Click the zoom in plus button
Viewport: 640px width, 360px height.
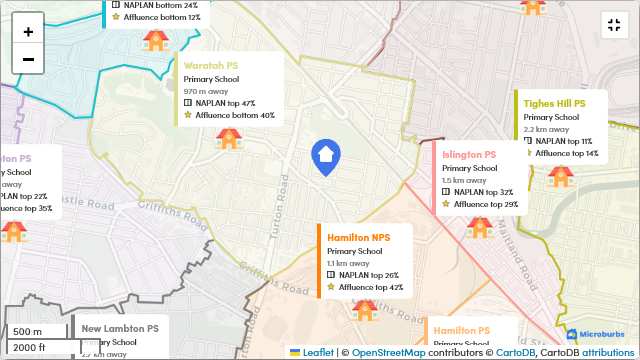pyautogui.click(x=28, y=31)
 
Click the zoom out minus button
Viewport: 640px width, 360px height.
pyautogui.click(x=28, y=59)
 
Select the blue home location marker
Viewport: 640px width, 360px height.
pyautogui.click(x=325, y=157)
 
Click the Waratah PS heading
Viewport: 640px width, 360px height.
pyautogui.click(x=211, y=65)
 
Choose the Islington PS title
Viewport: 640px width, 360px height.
pyautogui.click(x=469, y=155)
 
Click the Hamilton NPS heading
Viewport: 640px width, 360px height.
pyautogui.click(x=358, y=237)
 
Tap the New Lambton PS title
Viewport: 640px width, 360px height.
pyautogui.click(x=120, y=328)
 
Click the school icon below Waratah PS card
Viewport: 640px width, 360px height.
pyautogui.click(x=229, y=138)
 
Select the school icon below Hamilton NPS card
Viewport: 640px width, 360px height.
pyautogui.click(x=363, y=310)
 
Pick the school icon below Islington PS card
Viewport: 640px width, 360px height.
pyautogui.click(x=480, y=227)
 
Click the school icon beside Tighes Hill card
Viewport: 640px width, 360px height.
pyautogui.click(x=560, y=177)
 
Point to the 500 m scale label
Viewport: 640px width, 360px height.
pyautogui.click(x=27, y=331)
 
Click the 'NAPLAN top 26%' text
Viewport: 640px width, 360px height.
pyautogui.click(x=368, y=275)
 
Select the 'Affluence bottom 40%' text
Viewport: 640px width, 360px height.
pyautogui.click(x=235, y=115)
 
